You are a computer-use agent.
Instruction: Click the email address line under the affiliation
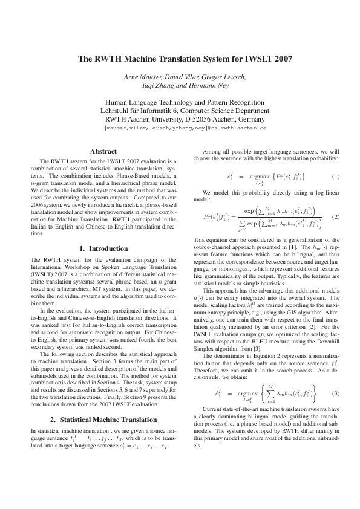coord(186,129)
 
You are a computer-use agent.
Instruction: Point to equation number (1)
coord(336,176)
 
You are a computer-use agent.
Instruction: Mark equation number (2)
coord(336,216)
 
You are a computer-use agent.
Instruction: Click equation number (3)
coord(336,393)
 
